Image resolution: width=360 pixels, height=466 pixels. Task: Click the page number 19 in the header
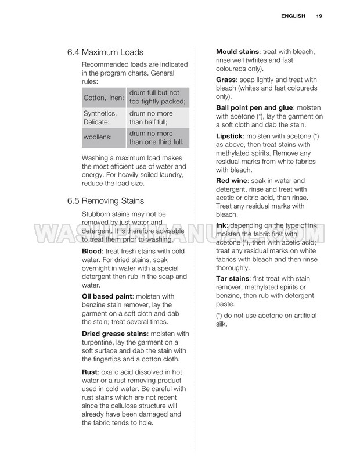[319, 16]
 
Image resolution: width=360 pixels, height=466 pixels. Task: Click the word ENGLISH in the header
[292, 16]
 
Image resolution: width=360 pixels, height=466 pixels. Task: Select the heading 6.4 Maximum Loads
[105, 52]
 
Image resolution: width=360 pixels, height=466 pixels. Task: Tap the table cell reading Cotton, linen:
[103, 98]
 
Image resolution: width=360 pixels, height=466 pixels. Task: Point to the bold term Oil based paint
[108, 296]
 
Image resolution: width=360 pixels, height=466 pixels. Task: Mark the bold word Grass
[226, 79]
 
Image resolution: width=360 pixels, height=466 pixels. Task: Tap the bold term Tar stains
[233, 278]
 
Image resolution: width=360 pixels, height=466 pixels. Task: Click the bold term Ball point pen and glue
[255, 107]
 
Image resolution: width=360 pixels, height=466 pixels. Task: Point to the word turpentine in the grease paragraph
[102, 342]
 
